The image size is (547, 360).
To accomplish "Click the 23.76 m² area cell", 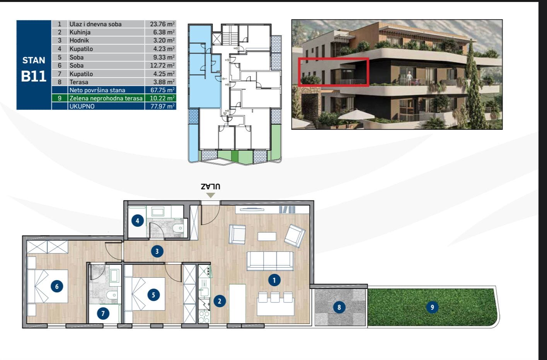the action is point(162,24).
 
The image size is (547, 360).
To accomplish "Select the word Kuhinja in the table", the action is point(80,32).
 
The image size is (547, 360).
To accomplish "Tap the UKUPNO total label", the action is point(82,106).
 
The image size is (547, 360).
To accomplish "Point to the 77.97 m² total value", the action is point(162,106).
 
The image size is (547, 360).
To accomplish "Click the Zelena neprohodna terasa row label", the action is point(106,98).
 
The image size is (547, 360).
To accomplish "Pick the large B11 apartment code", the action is point(34,76).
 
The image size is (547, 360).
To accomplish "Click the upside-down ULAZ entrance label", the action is point(211,187).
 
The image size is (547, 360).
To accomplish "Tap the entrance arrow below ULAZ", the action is point(211,195).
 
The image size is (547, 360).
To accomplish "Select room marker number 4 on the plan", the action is point(138,221).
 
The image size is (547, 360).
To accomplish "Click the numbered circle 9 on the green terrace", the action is point(432,307).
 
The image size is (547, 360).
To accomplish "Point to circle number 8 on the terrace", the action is point(339,307).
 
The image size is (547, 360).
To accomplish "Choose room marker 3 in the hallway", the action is point(157,251).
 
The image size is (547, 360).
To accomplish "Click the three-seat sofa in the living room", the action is point(270,261).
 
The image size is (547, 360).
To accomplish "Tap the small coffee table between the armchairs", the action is point(267,236).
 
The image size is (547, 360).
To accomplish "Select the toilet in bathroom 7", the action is point(112,295).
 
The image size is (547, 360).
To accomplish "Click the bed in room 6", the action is point(48,286).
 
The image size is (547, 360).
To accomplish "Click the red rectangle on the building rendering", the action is point(333,72).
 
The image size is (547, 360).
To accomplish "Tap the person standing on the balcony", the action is point(409,78).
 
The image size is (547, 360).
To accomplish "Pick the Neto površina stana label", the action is point(97,90).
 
